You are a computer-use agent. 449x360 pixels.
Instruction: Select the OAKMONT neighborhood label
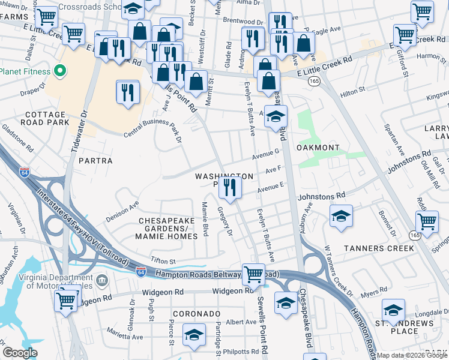pos(321,148)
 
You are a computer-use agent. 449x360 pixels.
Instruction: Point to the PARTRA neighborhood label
pos(95,161)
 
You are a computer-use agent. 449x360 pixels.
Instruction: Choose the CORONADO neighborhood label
pos(195,314)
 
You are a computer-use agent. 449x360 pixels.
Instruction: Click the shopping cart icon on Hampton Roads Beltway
pos(254,275)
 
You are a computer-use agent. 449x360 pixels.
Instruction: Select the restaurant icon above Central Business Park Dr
pos(128,92)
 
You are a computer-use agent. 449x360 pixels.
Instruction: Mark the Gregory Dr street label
pos(226,221)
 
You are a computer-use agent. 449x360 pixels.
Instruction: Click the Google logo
pos(20,353)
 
